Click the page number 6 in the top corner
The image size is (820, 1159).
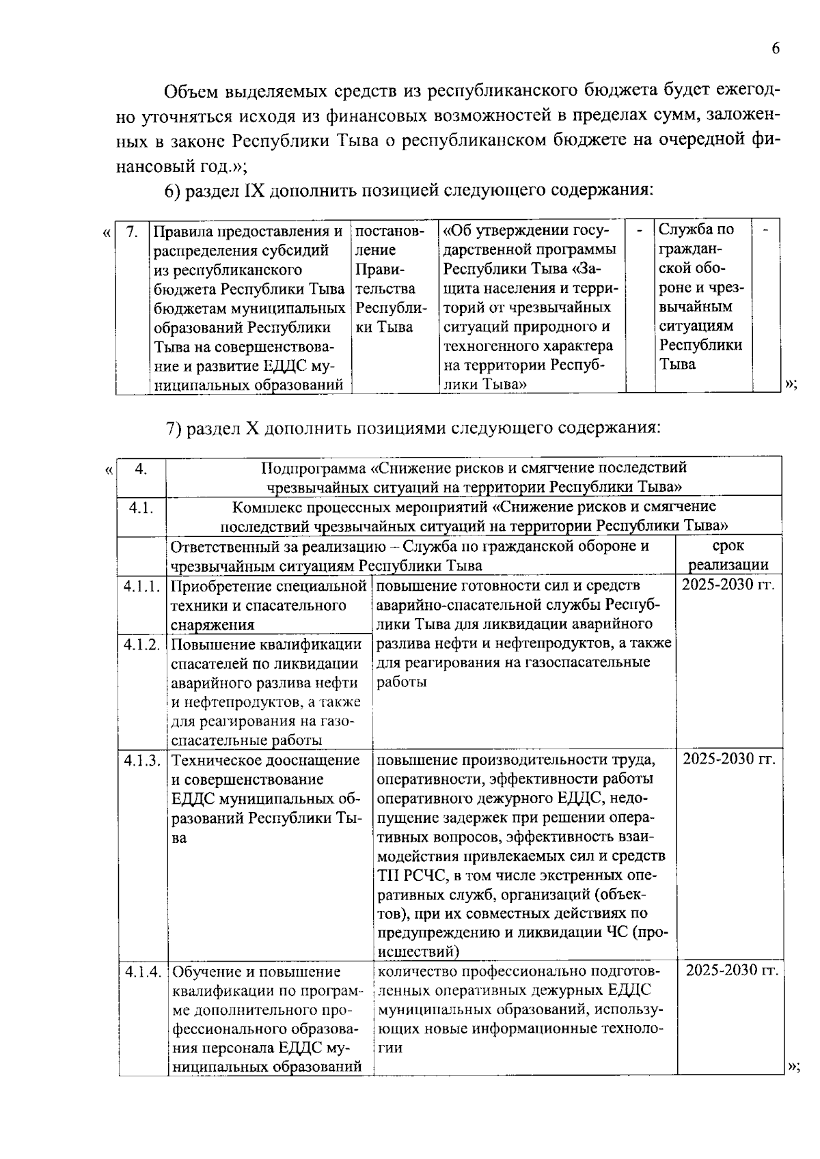(775, 48)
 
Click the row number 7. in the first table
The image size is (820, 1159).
(132, 231)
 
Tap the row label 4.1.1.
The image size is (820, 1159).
(142, 587)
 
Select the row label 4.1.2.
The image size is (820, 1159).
(142, 644)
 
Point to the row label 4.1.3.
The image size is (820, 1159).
(142, 760)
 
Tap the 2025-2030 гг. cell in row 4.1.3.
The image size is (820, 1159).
(729, 759)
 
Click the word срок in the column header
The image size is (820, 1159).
(728, 546)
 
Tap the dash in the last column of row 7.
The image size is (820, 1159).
(766, 229)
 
